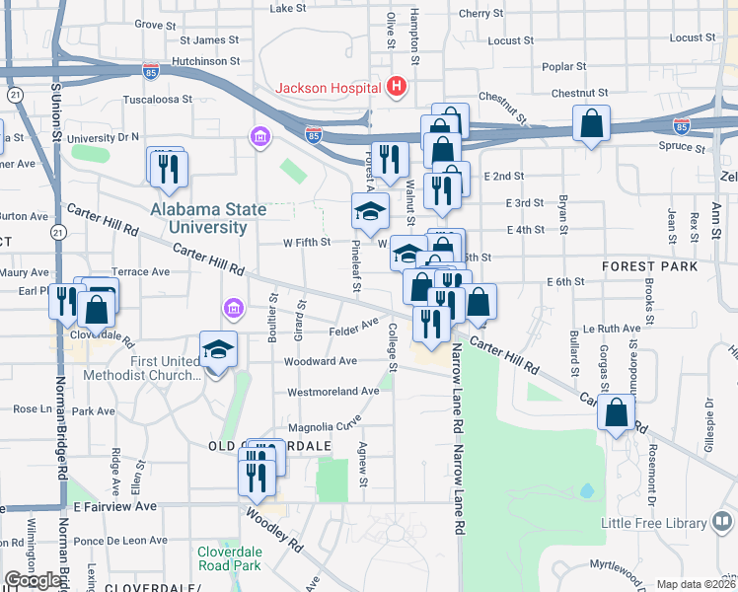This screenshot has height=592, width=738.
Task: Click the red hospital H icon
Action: tap(397, 87)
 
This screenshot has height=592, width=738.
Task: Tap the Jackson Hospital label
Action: tap(330, 88)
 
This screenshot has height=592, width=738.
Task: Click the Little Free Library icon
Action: tap(722, 523)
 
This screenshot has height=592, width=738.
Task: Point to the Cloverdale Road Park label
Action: tap(229, 558)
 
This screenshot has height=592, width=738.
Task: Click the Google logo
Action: tap(33, 580)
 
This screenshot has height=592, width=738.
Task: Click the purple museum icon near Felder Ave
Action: tap(233, 311)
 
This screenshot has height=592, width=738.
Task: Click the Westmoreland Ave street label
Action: tap(332, 392)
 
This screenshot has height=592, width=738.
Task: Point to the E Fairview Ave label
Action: tap(114, 506)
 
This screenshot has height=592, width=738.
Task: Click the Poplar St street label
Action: tap(564, 66)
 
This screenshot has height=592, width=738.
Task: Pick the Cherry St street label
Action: tap(480, 14)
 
